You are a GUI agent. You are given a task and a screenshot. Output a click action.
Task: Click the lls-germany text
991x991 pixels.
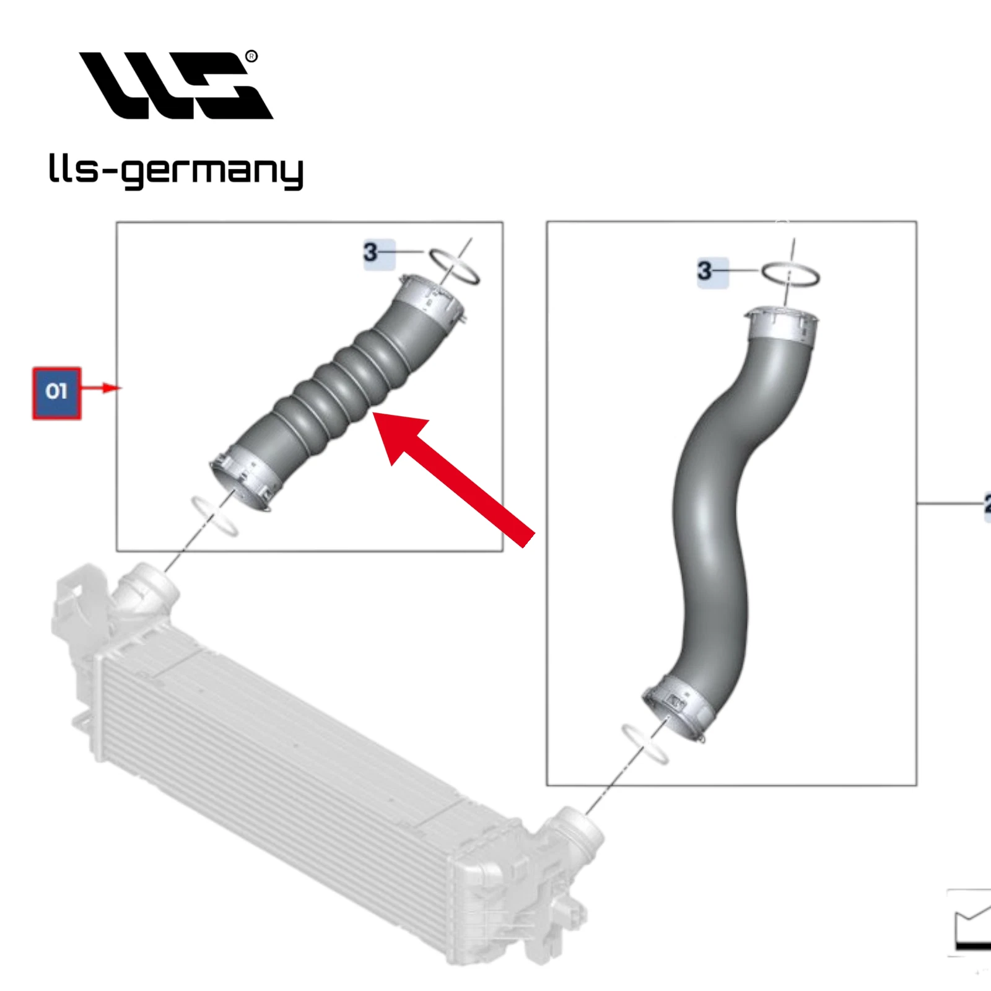[x=176, y=171]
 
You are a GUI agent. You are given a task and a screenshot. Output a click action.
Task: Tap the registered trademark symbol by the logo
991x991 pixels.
[x=251, y=57]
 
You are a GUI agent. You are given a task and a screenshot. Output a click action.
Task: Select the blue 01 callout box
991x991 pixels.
[x=56, y=393]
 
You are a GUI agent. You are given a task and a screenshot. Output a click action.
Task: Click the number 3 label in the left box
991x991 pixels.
[x=371, y=253]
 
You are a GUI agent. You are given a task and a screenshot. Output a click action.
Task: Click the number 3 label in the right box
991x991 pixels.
[x=705, y=271]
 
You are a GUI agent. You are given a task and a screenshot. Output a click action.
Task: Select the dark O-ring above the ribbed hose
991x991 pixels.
[x=455, y=266]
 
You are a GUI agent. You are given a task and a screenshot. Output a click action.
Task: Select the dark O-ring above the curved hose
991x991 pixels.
[x=790, y=274]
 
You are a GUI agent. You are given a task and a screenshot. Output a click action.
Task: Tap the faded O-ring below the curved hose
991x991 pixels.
[x=645, y=744]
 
